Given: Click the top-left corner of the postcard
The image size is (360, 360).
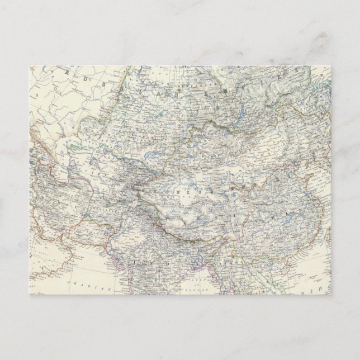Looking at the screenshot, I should pyautogui.click(x=29, y=66).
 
